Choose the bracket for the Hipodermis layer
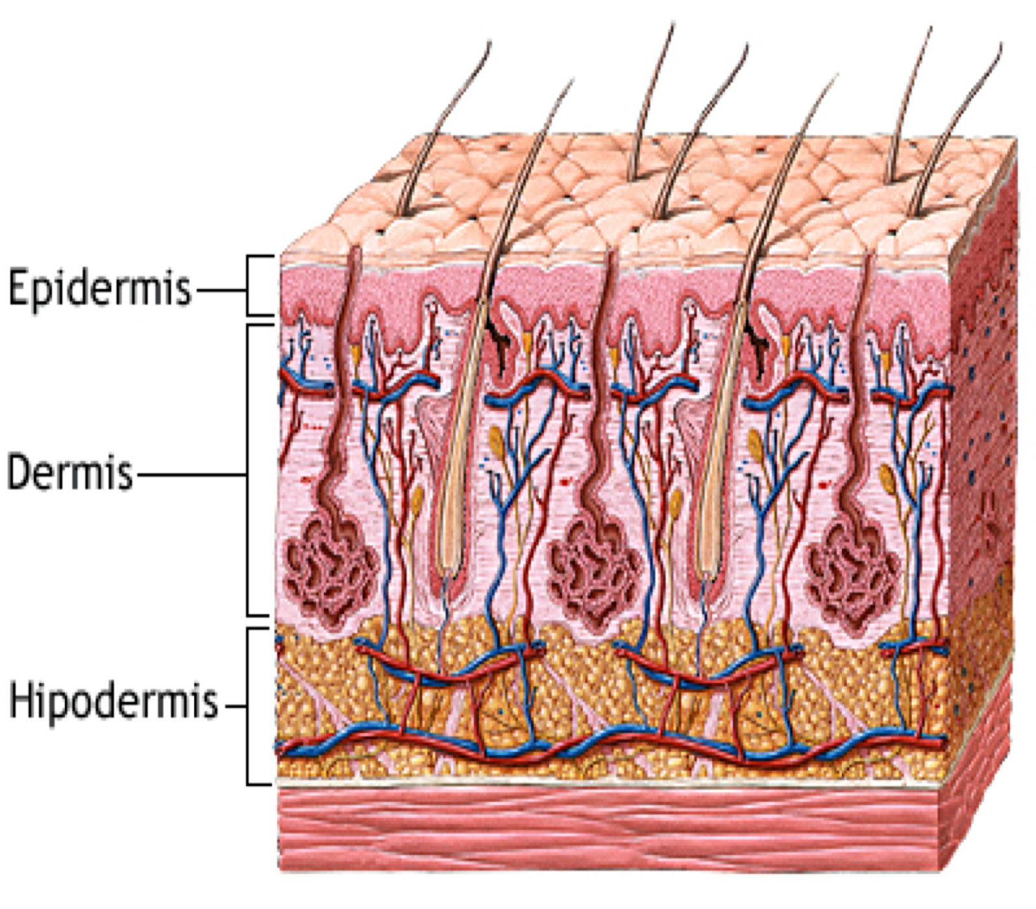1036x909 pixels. [259, 706]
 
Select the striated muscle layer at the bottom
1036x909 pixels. [643, 828]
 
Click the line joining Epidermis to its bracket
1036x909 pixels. [221, 288]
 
